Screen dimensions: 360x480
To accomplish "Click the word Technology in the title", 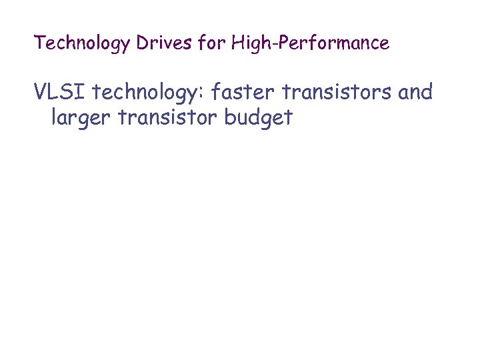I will pyautogui.click(x=83, y=44).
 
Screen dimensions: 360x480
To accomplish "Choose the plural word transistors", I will pyautogui.click(x=339, y=91).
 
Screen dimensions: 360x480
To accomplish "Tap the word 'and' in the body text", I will pyautogui.click(x=415, y=91).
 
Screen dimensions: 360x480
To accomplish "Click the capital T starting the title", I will pyautogui.click(x=39, y=43).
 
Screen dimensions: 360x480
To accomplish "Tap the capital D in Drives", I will pyautogui.click(x=142, y=43).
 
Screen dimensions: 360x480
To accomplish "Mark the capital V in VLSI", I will pyautogui.click(x=41, y=91).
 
